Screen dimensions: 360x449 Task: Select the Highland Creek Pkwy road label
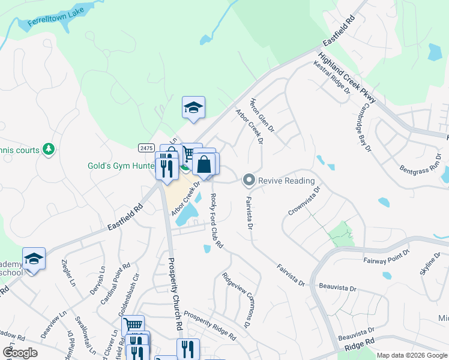(346, 76)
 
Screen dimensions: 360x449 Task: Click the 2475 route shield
(145, 148)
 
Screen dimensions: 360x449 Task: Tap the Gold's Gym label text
(120, 166)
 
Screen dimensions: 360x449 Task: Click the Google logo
(20, 353)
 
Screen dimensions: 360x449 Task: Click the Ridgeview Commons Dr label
(235, 300)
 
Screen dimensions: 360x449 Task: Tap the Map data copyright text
(412, 355)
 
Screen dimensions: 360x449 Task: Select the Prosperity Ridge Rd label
(209, 325)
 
